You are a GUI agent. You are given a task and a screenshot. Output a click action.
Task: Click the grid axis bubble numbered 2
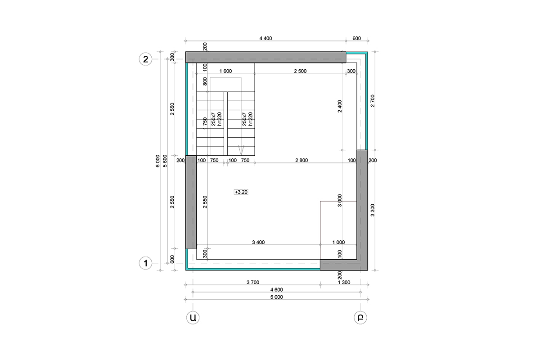(x=145, y=59)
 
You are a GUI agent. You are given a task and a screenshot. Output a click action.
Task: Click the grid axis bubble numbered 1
(x=145, y=263)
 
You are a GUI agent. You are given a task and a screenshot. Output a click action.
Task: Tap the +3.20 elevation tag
(x=241, y=192)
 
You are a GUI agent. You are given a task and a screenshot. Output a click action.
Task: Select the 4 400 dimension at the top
(x=265, y=38)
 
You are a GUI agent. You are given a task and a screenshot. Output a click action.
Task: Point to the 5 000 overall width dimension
(x=276, y=297)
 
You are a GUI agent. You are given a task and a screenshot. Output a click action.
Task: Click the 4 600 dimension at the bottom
(x=276, y=290)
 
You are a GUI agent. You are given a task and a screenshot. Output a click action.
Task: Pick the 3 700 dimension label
(x=253, y=282)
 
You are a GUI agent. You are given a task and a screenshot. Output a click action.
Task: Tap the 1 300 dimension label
(x=344, y=282)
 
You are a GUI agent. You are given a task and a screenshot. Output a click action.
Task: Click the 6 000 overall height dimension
(x=157, y=161)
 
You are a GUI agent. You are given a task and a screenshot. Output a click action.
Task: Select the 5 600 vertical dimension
(x=165, y=161)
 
